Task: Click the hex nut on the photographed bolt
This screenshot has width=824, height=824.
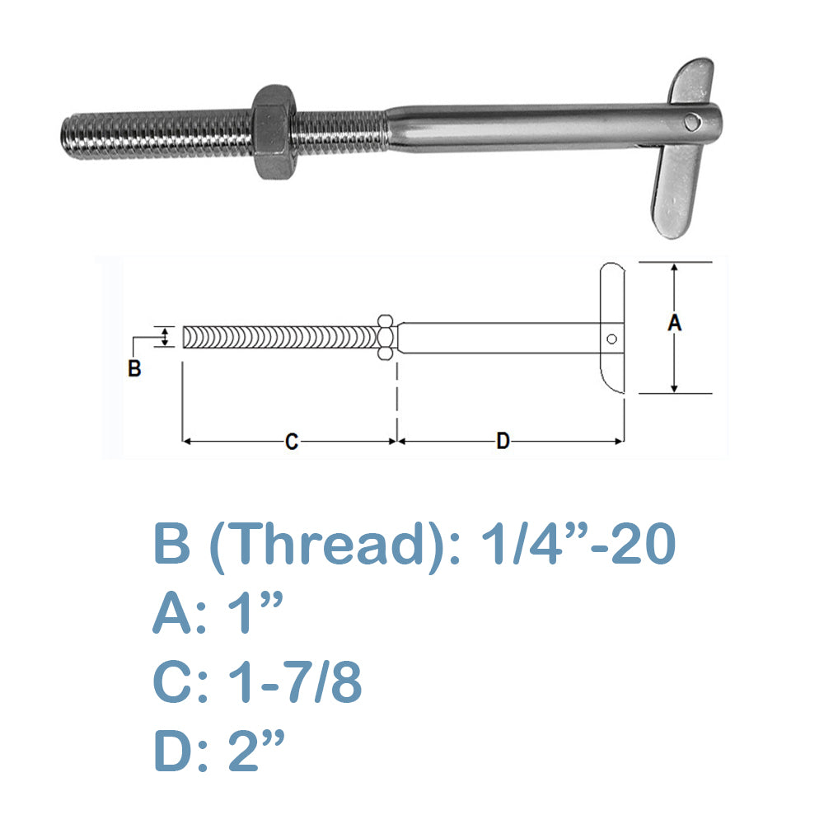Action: (x=273, y=132)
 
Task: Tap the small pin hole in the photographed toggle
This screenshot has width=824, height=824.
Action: (x=693, y=123)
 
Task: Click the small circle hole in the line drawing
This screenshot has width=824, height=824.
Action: (x=611, y=339)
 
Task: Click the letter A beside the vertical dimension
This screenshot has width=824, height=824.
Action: (x=674, y=323)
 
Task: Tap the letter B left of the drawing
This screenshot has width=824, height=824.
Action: (x=134, y=368)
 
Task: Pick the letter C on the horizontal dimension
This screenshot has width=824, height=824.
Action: (x=292, y=442)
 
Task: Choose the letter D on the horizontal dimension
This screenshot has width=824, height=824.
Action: (x=503, y=441)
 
